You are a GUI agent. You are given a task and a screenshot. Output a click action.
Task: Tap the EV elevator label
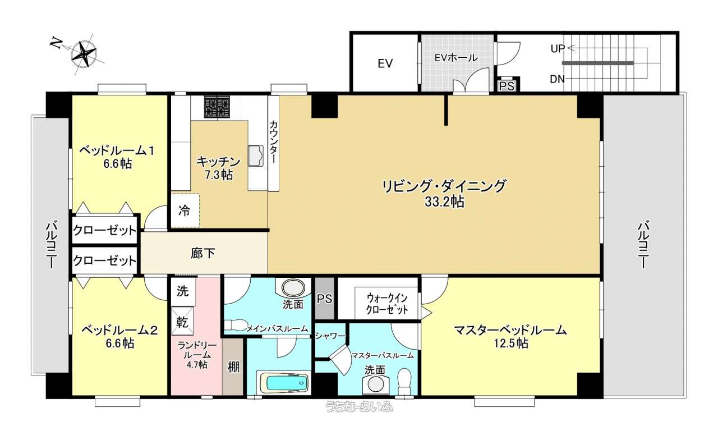(x=385, y=63)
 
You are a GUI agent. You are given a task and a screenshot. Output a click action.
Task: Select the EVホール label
(x=456, y=58)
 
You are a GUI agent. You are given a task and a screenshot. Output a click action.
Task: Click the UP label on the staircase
(x=558, y=49)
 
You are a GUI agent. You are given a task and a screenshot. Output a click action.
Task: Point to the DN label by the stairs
(x=558, y=79)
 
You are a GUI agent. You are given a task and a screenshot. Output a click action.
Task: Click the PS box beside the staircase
(x=507, y=86)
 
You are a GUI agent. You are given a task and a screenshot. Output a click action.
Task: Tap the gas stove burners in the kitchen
(x=217, y=107)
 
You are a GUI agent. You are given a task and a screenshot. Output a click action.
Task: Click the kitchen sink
(x=255, y=156)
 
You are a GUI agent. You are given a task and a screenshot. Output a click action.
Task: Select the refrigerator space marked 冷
(x=185, y=210)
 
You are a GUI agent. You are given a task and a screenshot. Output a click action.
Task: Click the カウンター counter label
(x=273, y=142)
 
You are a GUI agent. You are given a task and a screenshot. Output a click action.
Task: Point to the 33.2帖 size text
(x=444, y=202)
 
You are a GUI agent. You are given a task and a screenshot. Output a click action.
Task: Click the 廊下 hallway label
(x=202, y=253)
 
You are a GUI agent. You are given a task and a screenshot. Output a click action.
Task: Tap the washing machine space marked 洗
(x=183, y=291)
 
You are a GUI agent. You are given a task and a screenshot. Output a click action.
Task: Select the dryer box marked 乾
(x=182, y=322)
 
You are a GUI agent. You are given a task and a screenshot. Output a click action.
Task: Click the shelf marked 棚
(x=233, y=367)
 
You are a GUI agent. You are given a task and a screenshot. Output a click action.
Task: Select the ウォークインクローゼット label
(x=387, y=304)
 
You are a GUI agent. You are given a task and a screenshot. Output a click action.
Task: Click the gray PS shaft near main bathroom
(x=324, y=299)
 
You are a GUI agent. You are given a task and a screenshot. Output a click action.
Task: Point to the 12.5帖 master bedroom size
(x=510, y=343)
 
